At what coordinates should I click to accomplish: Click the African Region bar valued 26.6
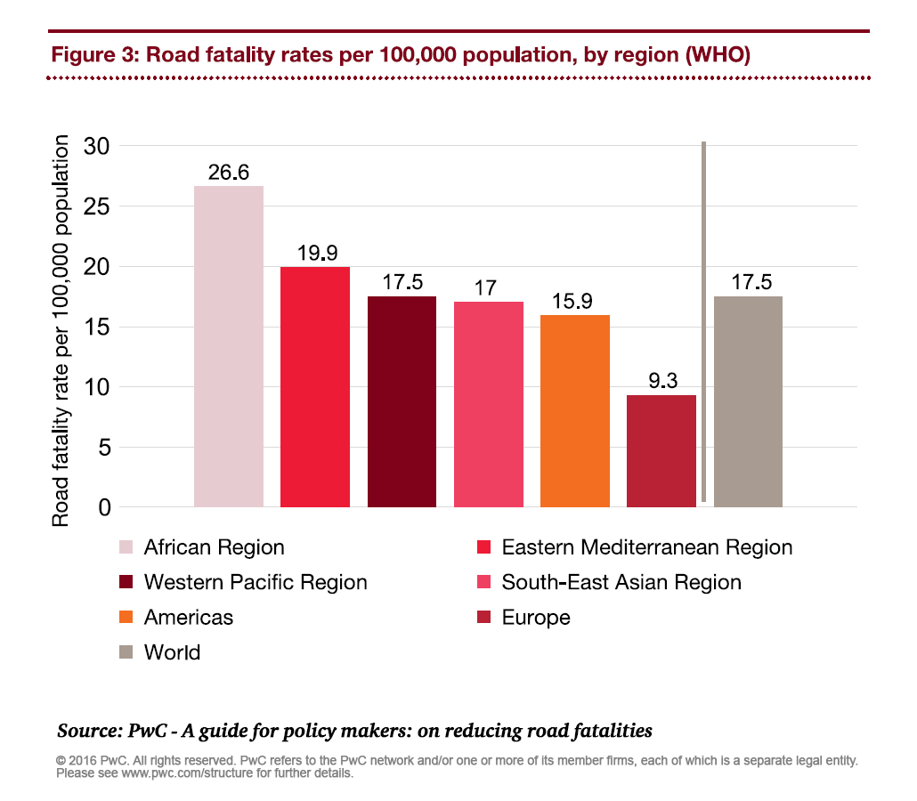click(x=229, y=346)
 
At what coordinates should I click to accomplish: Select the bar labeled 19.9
click(x=315, y=386)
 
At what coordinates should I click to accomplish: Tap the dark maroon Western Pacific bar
click(x=402, y=401)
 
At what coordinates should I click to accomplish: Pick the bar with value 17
click(x=488, y=404)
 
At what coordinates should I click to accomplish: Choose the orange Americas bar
click(x=574, y=410)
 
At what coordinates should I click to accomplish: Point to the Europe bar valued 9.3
click(x=661, y=450)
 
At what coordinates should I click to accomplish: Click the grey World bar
click(x=748, y=401)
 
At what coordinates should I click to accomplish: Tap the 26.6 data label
click(x=229, y=173)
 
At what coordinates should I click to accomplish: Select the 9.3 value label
click(x=661, y=382)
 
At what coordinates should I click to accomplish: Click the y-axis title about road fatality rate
click(x=61, y=331)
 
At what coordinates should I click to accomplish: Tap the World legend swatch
click(x=126, y=652)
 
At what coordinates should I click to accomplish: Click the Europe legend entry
click(x=535, y=617)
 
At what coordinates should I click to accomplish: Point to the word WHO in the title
click(x=717, y=55)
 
